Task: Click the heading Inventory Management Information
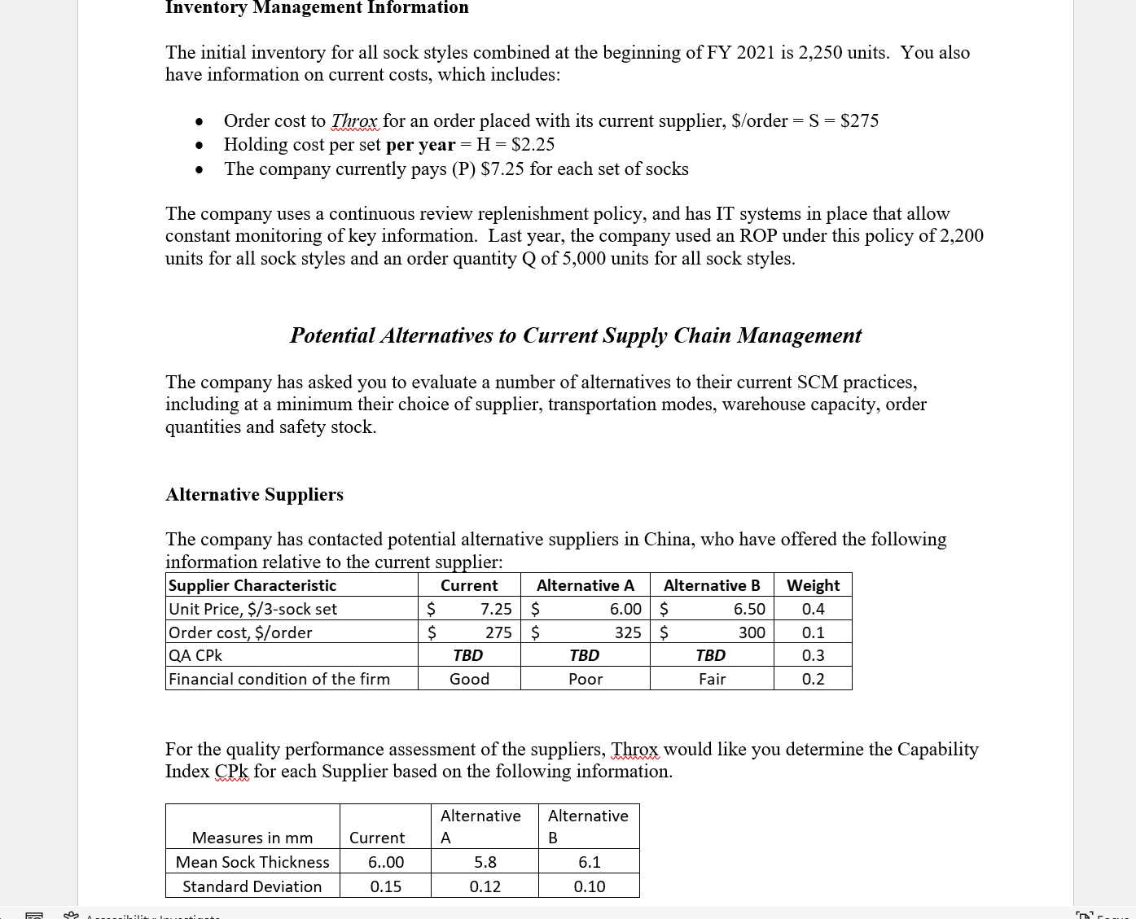tap(317, 8)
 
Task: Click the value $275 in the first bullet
tap(859, 121)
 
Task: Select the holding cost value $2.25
tap(533, 145)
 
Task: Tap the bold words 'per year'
tap(420, 145)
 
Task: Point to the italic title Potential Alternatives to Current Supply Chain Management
tap(575, 335)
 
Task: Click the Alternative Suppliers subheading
tap(254, 495)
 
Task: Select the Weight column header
tap(813, 585)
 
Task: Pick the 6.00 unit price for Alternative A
tap(625, 609)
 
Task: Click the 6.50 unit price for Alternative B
tap(748, 609)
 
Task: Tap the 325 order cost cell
tap(627, 632)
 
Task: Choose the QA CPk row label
tap(195, 655)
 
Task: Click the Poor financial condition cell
tap(586, 679)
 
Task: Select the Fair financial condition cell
tap(712, 679)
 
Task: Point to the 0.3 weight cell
tap(813, 655)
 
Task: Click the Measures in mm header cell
tap(252, 838)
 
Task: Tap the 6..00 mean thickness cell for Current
tap(385, 862)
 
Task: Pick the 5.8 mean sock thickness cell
tap(485, 862)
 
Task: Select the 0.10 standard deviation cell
tap(589, 886)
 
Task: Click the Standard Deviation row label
tap(252, 886)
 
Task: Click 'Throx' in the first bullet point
tap(354, 121)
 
